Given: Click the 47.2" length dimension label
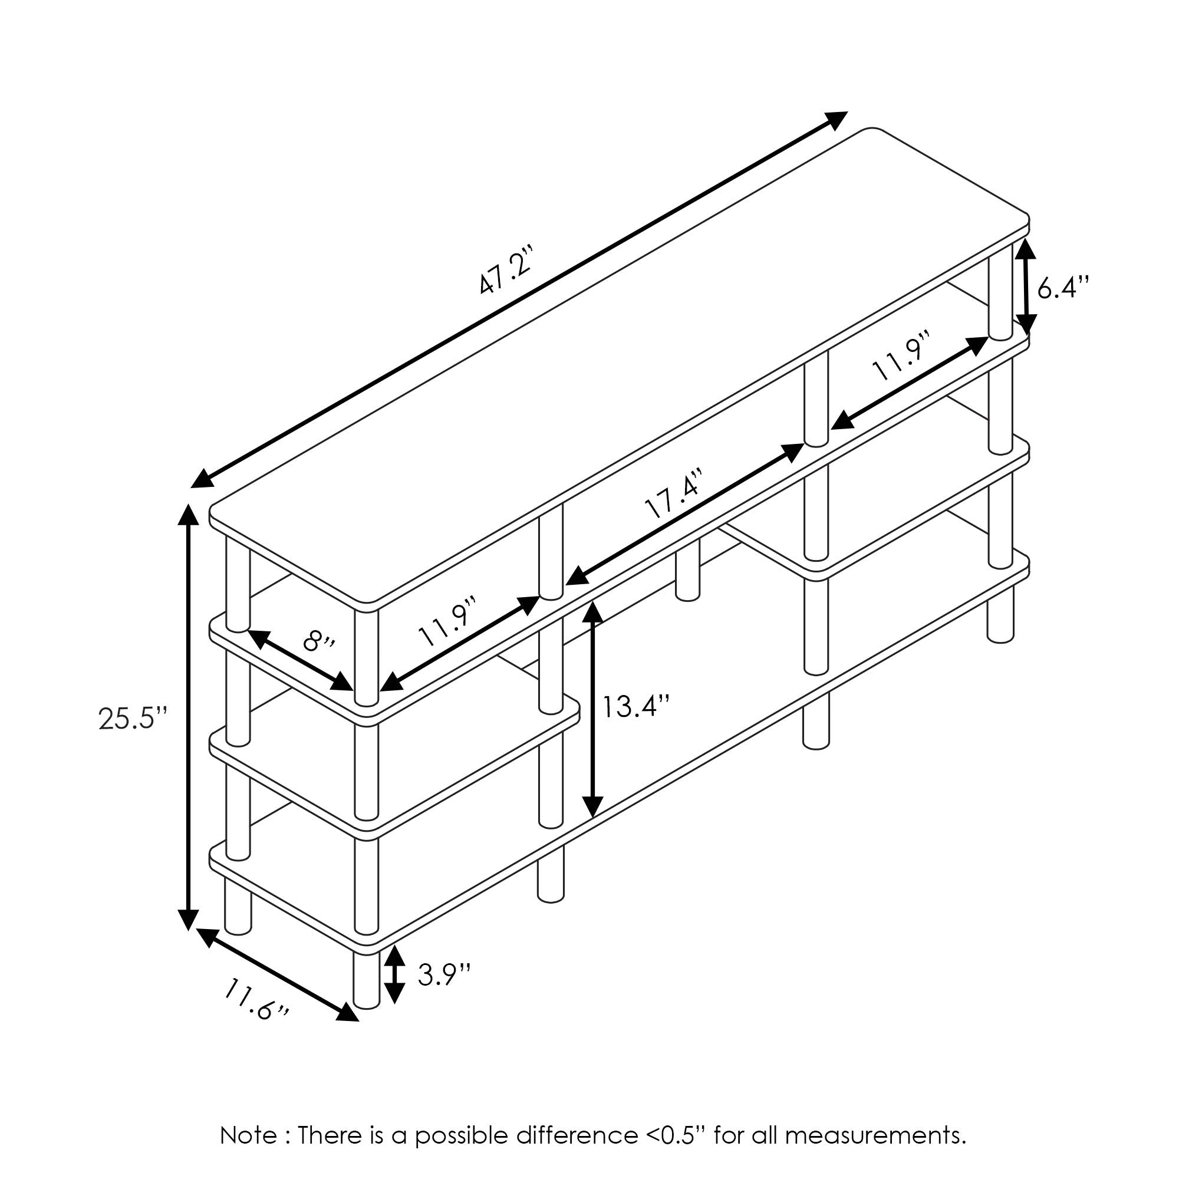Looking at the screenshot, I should click(x=506, y=271).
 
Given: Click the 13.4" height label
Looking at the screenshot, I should click(x=637, y=706).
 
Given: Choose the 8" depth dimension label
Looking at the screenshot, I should click(x=318, y=642).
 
